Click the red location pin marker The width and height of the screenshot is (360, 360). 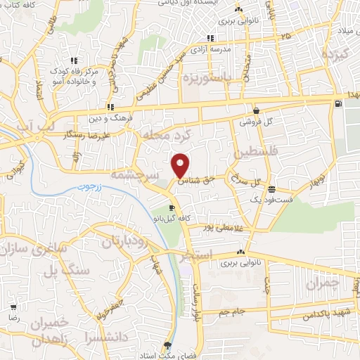point(181,165)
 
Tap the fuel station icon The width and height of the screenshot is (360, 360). point(340,105)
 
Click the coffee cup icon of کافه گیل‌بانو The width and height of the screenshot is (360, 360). point(172,208)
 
